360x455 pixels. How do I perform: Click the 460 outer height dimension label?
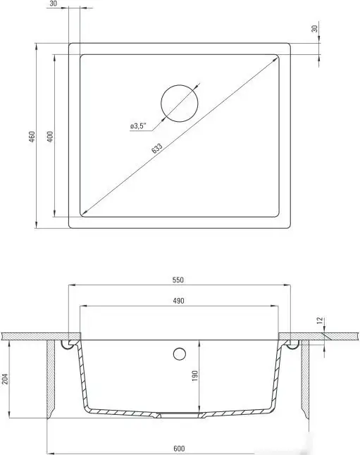32,137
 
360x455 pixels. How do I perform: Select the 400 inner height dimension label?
50,137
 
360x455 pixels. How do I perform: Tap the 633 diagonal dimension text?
156,149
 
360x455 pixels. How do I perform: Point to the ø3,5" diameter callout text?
137,126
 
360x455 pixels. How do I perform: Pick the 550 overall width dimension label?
178,280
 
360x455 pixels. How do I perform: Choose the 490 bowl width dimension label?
178,301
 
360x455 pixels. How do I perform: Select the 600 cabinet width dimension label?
178,448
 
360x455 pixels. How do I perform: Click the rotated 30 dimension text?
314,31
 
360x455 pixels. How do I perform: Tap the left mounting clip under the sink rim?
68,343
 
